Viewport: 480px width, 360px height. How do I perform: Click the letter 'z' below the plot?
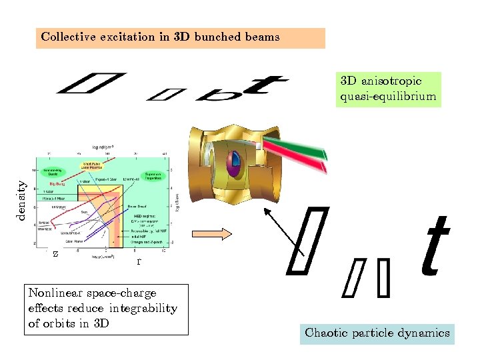coord(55,254)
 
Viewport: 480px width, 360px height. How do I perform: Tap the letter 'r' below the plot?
coord(138,261)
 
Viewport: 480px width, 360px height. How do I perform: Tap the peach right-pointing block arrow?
coord(211,233)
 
